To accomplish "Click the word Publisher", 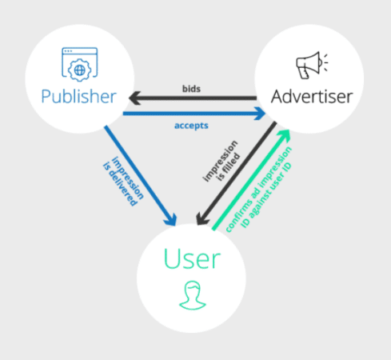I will tap(78, 97).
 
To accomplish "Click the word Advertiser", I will tap(311, 97).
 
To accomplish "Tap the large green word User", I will tap(191, 258).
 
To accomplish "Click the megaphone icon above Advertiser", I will tap(308, 64).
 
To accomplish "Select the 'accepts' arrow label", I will tap(191, 126).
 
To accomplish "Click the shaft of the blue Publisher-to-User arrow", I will tap(140, 171).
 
